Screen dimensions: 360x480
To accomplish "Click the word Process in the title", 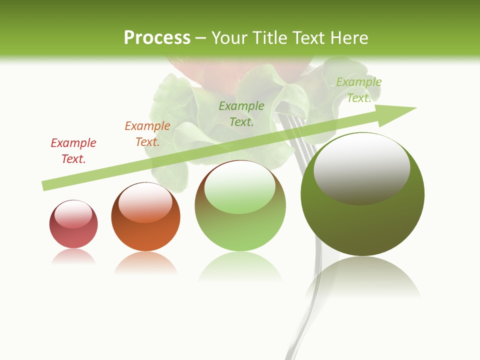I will click(157, 37).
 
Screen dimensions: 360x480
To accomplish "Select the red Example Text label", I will click(73, 150).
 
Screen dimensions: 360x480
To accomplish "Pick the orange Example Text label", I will click(147, 133).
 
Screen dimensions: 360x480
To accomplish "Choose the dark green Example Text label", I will click(241, 113).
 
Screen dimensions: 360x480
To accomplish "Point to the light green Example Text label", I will click(359, 90).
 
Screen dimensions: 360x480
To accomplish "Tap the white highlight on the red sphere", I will click(73, 213).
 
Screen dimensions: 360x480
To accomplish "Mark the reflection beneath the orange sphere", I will click(145, 263).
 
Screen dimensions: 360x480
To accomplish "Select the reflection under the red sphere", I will click(73, 256).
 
